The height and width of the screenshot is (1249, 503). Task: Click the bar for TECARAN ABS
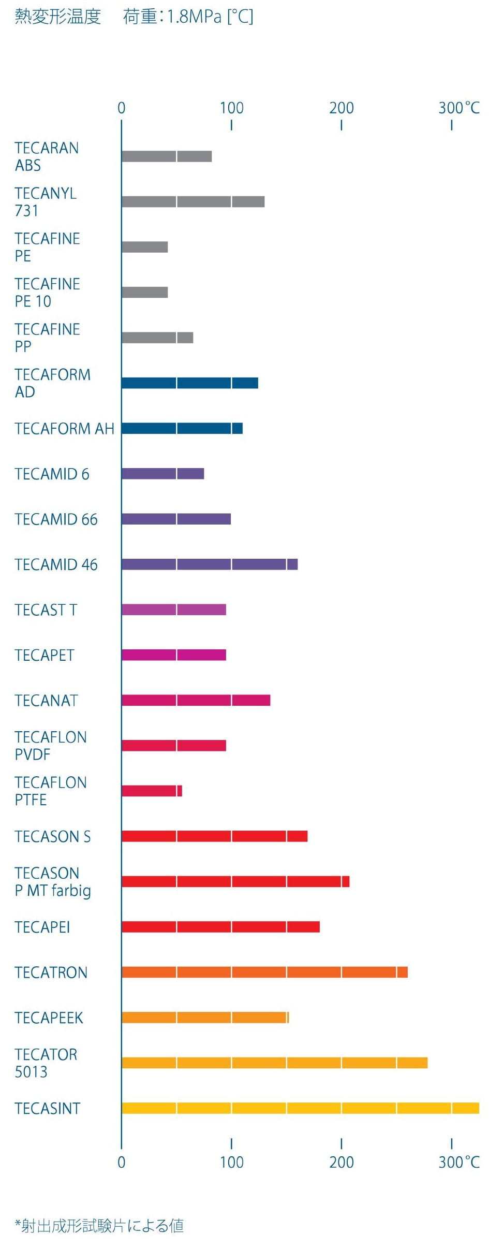(167, 156)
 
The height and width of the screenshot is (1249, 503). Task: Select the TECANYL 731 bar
(193, 202)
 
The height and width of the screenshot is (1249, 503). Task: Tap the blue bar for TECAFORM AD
(190, 383)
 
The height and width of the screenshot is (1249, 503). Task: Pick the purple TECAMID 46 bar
(210, 564)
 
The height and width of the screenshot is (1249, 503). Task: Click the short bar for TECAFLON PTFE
(152, 791)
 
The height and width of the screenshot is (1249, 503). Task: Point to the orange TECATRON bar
(264, 972)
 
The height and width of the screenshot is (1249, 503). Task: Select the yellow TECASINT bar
(300, 1108)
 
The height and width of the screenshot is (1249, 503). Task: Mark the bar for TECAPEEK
(205, 1018)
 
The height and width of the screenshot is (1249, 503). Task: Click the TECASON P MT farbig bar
(235, 881)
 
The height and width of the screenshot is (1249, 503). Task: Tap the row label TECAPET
(45, 655)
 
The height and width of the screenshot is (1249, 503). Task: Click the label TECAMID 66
(56, 519)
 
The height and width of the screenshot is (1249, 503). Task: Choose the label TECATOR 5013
(46, 1063)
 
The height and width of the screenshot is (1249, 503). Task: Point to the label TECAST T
(46, 610)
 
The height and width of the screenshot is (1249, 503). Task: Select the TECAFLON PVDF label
(50, 746)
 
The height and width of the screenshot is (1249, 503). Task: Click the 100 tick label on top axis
(231, 108)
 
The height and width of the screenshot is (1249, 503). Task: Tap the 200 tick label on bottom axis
(342, 1163)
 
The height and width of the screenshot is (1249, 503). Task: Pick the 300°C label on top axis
(458, 108)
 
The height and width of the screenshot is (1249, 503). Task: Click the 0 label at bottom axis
(121, 1163)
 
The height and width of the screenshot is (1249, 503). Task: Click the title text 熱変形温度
(57, 17)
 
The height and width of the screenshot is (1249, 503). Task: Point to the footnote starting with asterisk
(99, 1226)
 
